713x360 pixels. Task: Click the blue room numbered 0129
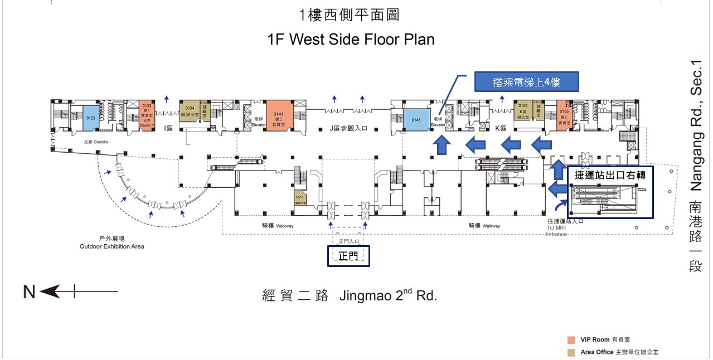[x=91, y=118]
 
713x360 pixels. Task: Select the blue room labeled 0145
[x=416, y=120]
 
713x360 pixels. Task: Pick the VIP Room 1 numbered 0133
[x=147, y=116]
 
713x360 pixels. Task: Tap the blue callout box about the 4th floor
[x=526, y=82]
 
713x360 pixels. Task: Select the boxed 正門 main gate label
[x=348, y=256]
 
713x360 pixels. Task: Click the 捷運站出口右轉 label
[x=610, y=176]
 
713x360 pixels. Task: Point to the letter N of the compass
[x=30, y=291]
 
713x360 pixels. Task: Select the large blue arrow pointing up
[x=442, y=146]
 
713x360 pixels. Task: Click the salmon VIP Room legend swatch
[x=571, y=339]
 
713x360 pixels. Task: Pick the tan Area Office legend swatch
[x=571, y=352]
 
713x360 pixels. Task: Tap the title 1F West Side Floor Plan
[x=351, y=40]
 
